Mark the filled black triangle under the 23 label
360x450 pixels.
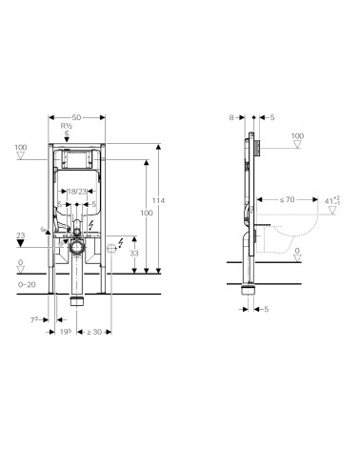[21, 244]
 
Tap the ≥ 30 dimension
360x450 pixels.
[96, 332]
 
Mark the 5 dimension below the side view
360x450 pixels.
[267, 309]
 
